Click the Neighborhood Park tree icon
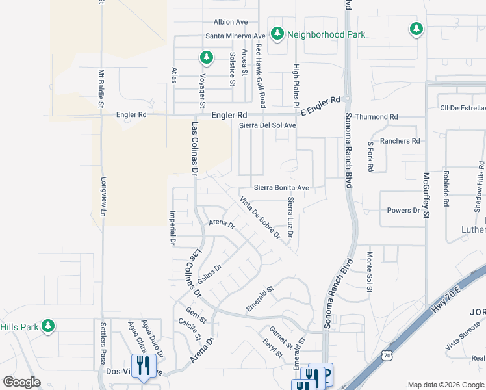tap(277, 33)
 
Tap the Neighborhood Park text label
tap(326, 34)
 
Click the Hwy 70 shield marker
tap(387, 356)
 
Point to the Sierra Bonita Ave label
tap(281, 187)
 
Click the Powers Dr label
tap(403, 211)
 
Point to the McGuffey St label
tap(427, 193)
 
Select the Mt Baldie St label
tap(101, 88)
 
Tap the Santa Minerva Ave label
tap(236, 36)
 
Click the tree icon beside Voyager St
tap(207, 58)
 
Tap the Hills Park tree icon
tap(47, 326)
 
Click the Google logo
tap(21, 382)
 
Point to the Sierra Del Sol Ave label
tap(268, 125)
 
